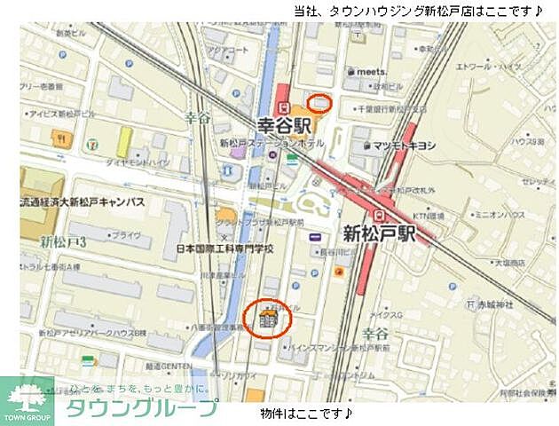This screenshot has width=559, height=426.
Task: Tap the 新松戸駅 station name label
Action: pyautogui.click(x=380, y=234)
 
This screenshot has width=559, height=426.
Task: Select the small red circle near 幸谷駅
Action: pyautogui.click(x=321, y=103)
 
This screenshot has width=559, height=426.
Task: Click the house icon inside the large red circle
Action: pyautogui.click(x=267, y=319)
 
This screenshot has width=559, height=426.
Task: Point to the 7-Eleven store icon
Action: pyautogui.click(x=87, y=139)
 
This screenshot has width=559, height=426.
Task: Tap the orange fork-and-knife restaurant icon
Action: pyautogui.click(x=59, y=138)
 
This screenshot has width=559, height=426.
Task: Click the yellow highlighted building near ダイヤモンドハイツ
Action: pyautogui.click(x=124, y=141)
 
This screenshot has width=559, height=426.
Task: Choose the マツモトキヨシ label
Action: pyautogui.click(x=404, y=146)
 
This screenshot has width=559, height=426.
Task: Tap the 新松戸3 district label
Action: pyautogui.click(x=62, y=241)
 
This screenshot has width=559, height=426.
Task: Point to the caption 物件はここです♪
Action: pyautogui.click(x=306, y=414)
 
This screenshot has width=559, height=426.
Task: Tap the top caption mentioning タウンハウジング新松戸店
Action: pyautogui.click(x=417, y=12)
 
